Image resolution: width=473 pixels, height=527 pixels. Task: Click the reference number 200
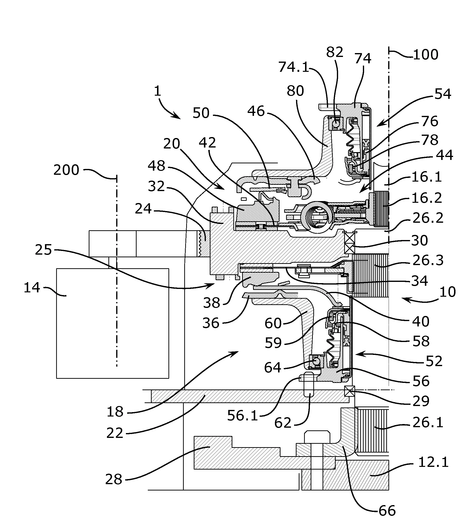click(66, 170)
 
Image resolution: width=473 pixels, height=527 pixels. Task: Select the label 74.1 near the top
click(293, 67)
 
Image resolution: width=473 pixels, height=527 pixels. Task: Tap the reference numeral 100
click(425, 55)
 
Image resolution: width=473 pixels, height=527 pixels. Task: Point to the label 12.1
click(433, 462)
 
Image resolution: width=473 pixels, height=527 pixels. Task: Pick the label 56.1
click(242, 416)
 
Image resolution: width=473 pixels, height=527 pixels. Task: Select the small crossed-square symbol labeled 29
click(349, 391)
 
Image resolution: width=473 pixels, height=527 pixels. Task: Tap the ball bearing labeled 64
click(315, 361)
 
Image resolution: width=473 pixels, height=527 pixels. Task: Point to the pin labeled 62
click(308, 388)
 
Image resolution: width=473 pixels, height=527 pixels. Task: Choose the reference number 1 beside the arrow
click(158, 92)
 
